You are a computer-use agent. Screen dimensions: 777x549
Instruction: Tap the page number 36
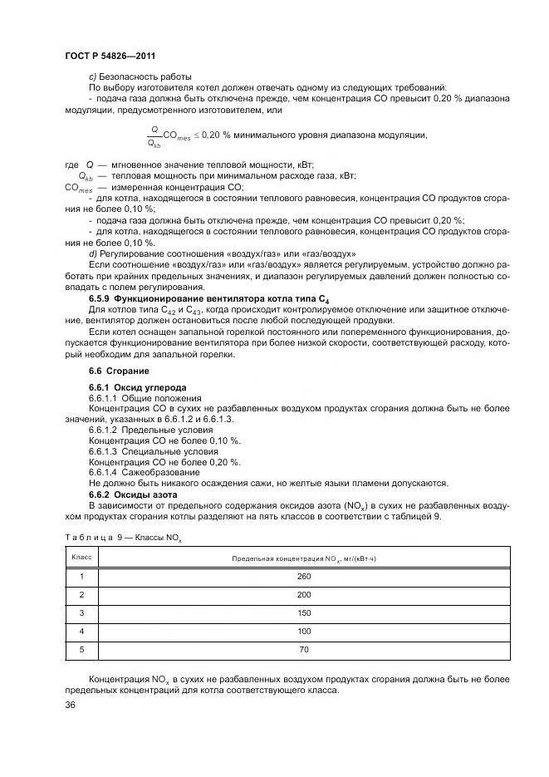[x=71, y=705]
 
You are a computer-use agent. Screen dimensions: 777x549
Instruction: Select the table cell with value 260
[x=303, y=576]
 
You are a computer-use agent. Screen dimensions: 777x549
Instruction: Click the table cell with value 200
[x=303, y=594]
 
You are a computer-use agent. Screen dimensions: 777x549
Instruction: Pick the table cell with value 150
[x=303, y=612]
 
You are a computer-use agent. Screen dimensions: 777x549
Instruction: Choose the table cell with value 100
[x=303, y=631]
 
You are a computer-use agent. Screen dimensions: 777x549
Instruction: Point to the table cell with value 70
[x=303, y=649]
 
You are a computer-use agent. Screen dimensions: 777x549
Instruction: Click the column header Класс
[x=81, y=557]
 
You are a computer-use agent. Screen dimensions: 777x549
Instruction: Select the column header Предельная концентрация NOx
[x=303, y=558]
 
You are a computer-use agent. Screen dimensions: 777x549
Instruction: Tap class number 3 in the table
[x=81, y=612]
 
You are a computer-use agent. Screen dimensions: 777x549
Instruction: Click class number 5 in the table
[x=81, y=649]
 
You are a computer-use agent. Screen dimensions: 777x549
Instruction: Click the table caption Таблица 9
[x=122, y=538]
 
